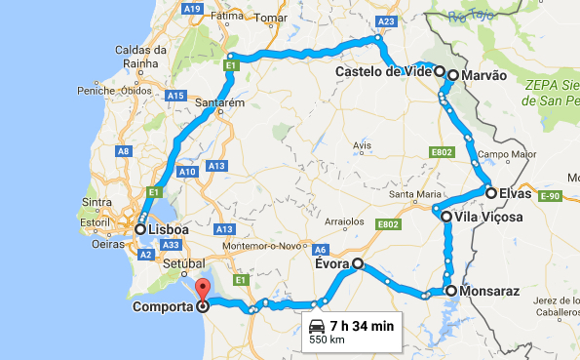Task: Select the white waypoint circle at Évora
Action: coord(358,263)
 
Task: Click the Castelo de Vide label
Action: coord(382,72)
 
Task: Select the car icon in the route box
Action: coord(316,326)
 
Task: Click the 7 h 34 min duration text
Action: coord(362,326)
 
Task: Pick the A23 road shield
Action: coord(387,22)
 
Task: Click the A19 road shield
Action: coord(191,8)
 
